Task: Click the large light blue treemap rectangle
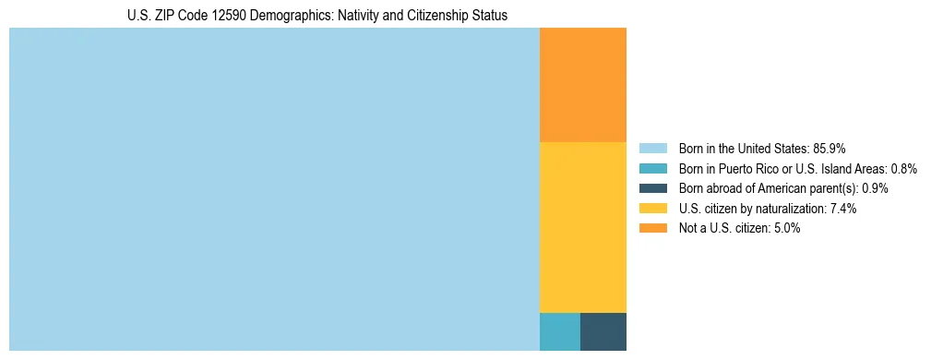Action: (274, 189)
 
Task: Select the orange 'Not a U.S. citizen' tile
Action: (582, 85)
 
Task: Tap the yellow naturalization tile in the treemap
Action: (582, 227)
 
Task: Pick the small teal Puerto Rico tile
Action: (559, 331)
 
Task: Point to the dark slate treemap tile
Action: (603, 331)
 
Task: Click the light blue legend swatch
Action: (652, 148)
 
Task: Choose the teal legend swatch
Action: (652, 168)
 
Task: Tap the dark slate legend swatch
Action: (652, 188)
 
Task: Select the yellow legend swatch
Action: (652, 209)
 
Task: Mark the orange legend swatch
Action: (652, 228)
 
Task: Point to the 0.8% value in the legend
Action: (903, 168)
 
